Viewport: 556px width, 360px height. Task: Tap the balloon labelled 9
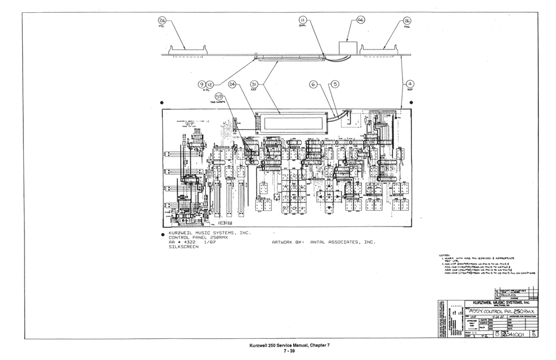point(202,84)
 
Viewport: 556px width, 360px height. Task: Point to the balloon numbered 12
point(210,84)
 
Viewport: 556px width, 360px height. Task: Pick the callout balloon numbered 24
point(232,84)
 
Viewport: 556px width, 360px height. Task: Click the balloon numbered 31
point(255,84)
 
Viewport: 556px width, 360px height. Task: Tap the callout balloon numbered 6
point(314,84)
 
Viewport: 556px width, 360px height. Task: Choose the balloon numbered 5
point(334,84)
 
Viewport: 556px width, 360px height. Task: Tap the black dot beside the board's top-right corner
point(410,103)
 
